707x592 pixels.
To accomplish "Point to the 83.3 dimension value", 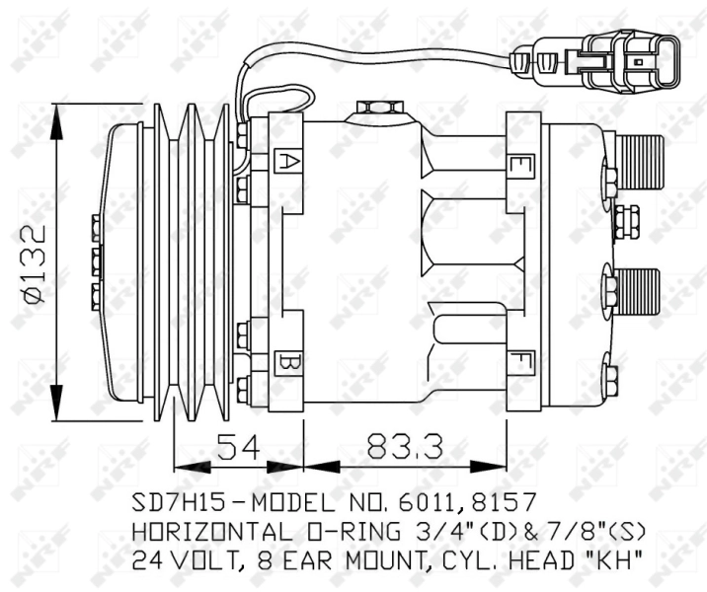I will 403,447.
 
